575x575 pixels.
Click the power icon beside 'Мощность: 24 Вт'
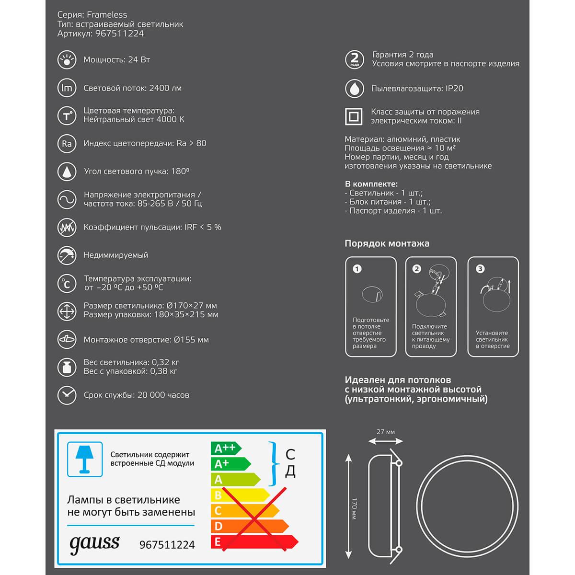coord(67,60)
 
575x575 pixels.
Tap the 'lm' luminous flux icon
coord(67,88)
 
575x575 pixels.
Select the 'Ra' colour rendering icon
coord(67,143)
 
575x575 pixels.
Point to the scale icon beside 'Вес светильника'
coord(67,367)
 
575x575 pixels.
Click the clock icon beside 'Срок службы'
coord(67,395)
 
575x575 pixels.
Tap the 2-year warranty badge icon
coord(354,59)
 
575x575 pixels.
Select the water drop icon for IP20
coord(354,89)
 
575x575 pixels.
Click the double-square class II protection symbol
coord(354,116)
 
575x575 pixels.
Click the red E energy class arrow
coord(254,542)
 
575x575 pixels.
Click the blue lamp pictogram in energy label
coord(85,459)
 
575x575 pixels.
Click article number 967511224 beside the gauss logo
coord(167,545)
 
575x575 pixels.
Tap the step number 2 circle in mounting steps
coord(416,269)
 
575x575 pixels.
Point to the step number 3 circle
coord(480,269)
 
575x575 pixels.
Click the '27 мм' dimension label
coord(386,432)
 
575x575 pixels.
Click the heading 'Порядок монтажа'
coord(387,243)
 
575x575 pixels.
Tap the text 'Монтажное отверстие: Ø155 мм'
coord(146,340)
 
